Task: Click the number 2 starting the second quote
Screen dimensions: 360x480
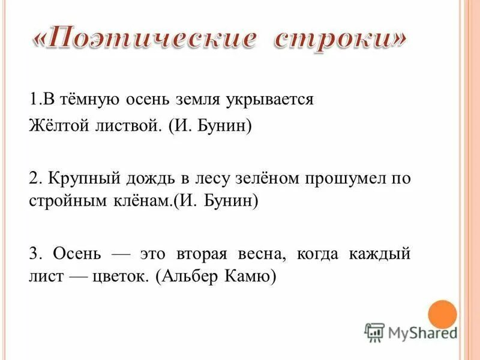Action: [x=34, y=178]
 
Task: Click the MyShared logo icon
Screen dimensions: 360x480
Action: [x=374, y=332]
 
